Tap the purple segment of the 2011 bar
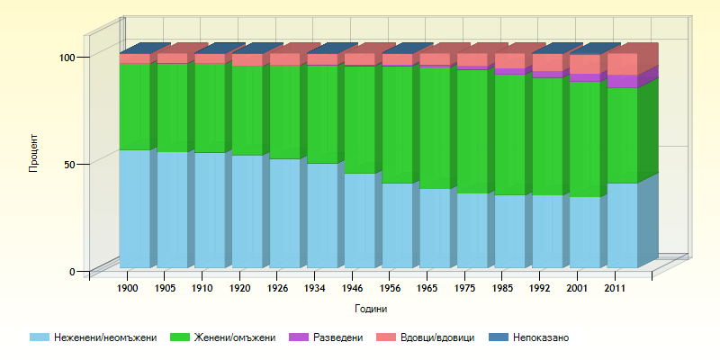point(622,81)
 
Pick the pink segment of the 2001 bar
point(584,64)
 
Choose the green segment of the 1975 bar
point(472,131)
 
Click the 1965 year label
point(427,288)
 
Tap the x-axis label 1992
point(540,288)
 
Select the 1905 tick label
point(165,288)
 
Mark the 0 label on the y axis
point(79,271)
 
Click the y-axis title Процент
point(33,153)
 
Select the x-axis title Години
point(371,309)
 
